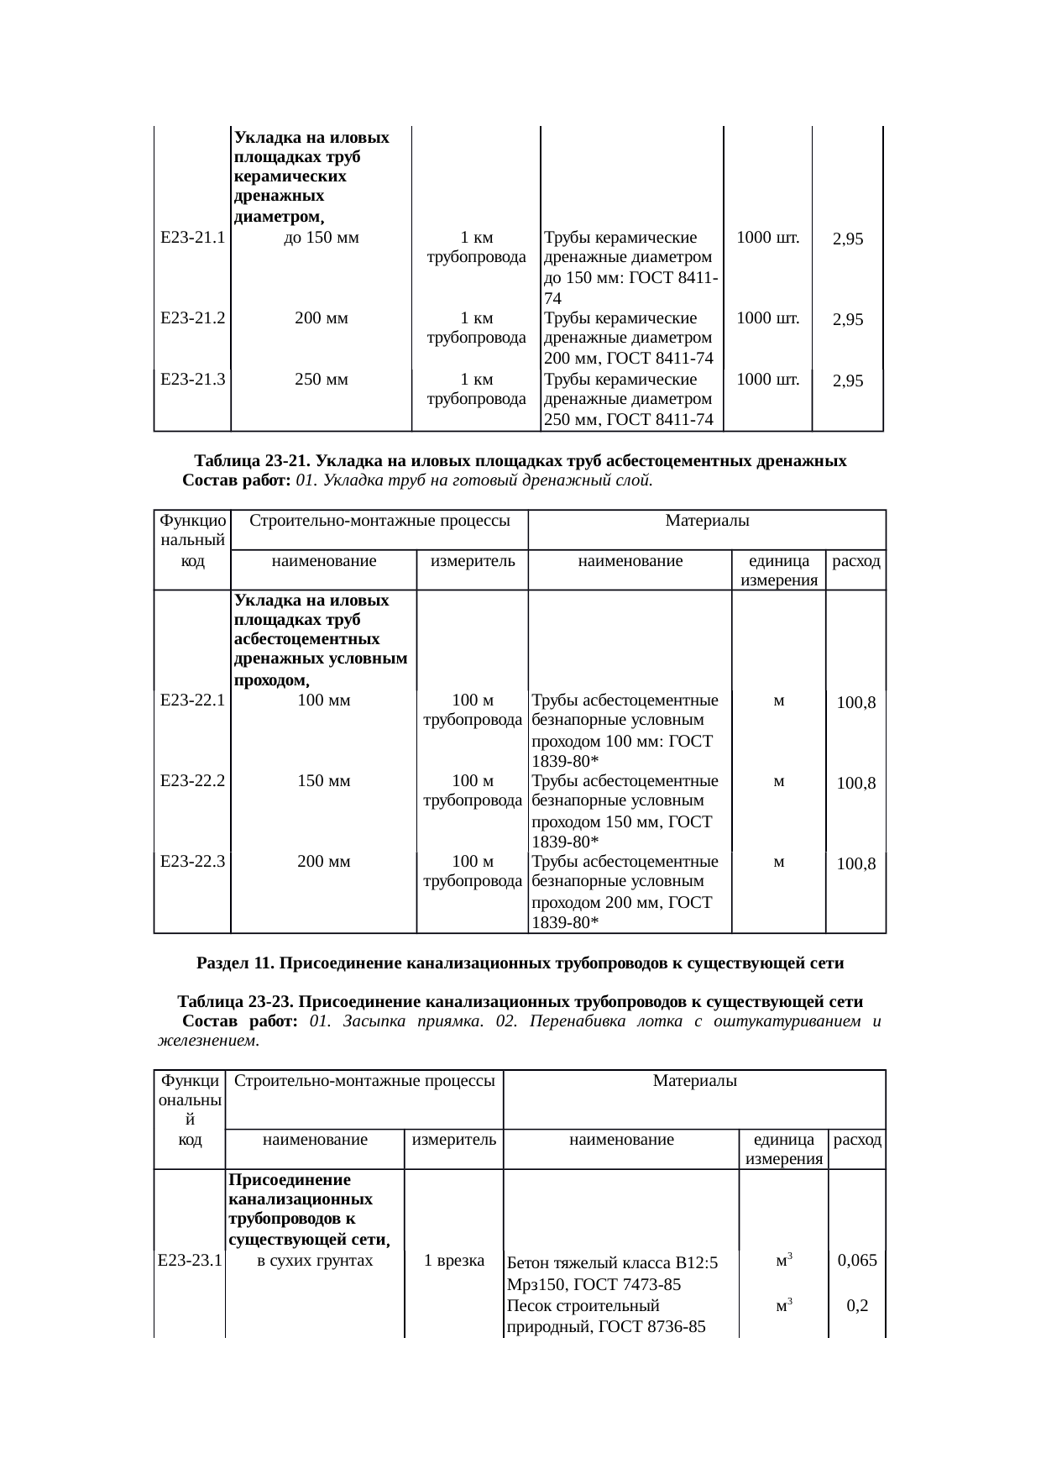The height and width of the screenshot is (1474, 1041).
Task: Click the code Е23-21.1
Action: coord(192,238)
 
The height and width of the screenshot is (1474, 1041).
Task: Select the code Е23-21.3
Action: coord(192,380)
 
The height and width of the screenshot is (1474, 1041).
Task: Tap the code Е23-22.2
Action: coord(192,780)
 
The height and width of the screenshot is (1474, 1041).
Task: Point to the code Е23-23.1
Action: coord(190,1260)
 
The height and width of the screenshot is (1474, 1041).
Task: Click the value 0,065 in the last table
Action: coord(857,1260)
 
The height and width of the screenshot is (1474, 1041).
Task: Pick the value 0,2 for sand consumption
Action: coord(857,1305)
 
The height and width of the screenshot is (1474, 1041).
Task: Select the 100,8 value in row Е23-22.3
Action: coord(856,863)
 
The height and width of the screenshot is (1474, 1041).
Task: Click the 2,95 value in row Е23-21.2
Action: coord(849,320)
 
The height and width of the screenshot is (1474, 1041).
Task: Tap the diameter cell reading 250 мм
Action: coord(322,380)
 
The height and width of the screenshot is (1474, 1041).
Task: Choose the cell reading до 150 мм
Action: coord(322,238)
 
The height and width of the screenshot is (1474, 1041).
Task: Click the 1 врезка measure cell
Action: coord(454,1260)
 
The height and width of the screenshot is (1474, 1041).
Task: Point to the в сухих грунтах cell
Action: coord(315,1260)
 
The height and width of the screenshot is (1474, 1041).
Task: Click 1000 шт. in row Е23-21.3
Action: coord(767,380)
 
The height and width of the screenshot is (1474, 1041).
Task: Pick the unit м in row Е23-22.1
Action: coord(779,700)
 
